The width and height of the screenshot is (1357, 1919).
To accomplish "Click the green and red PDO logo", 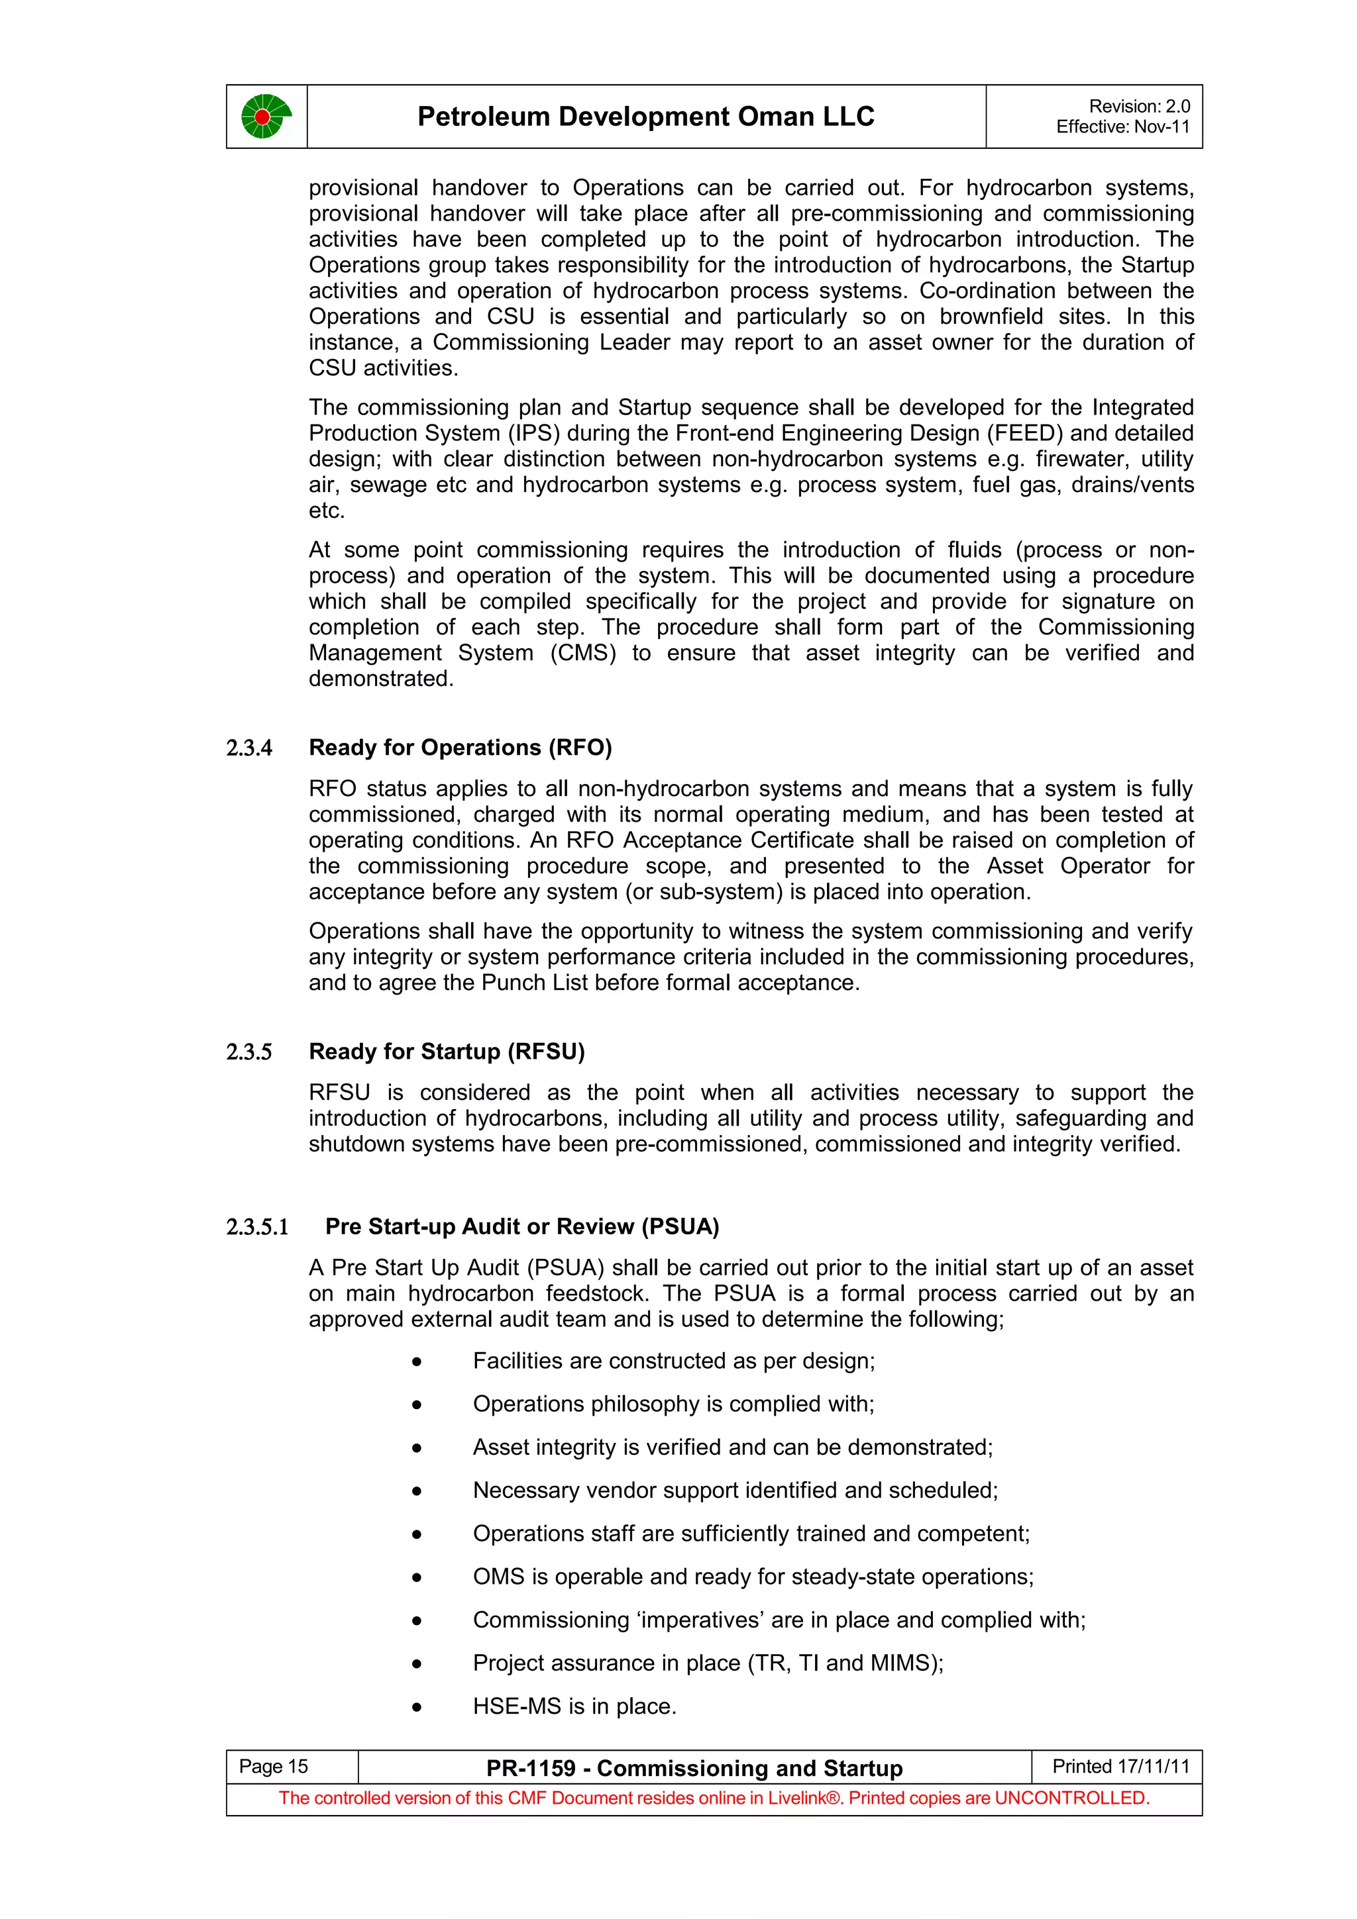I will click(266, 116).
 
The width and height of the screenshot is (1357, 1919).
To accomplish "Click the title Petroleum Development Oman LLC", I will click(645, 116).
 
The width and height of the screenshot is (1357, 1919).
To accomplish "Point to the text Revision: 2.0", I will click(1139, 106).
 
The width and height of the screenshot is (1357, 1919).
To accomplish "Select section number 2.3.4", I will click(249, 748).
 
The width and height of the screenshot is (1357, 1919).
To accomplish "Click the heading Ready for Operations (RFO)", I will click(460, 747).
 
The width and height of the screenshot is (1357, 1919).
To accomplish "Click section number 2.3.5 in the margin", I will click(249, 1052).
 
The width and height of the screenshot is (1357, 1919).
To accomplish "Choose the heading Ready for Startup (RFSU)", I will click(447, 1052).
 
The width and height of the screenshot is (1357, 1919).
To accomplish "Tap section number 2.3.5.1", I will click(258, 1227).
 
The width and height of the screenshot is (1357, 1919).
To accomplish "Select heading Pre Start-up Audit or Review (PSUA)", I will click(521, 1226).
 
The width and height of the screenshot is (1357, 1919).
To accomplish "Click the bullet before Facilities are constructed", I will click(416, 1362).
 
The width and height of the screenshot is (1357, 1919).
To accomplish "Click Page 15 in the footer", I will click(274, 1767).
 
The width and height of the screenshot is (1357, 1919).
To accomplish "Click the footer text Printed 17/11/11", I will click(1120, 1766).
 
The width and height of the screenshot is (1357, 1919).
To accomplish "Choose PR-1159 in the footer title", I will click(530, 1769).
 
